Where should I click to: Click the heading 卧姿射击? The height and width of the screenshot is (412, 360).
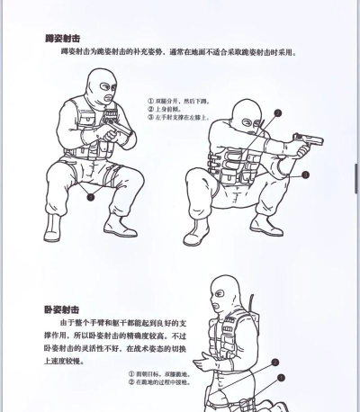tap(62, 309)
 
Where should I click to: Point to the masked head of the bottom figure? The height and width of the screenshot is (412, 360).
tap(221, 296)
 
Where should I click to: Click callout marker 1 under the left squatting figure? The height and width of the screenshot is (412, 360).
tap(90, 195)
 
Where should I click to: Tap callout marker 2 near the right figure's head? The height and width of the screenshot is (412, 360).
tap(277, 113)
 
